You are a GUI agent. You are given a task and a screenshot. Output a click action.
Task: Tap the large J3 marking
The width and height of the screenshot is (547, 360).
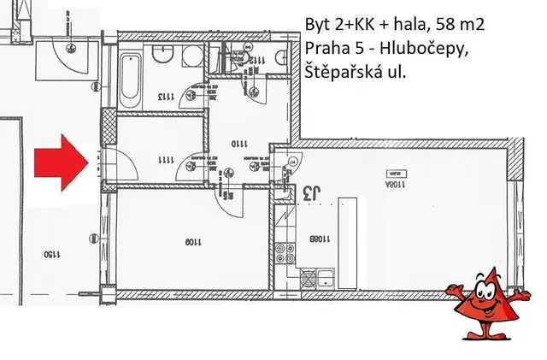[312, 194]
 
